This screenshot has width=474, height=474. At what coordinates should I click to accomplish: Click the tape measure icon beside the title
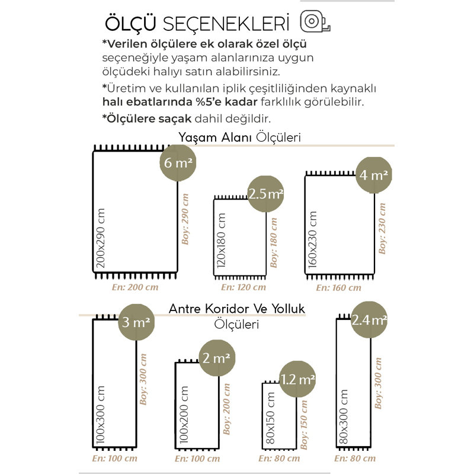pos(315,21)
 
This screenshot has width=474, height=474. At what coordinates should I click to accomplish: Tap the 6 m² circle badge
pos(178,163)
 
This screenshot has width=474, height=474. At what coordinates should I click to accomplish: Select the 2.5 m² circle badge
pos(265,194)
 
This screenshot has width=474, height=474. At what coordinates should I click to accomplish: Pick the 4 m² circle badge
pos(374,175)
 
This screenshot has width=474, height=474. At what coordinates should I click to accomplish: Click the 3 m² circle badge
pos(136,322)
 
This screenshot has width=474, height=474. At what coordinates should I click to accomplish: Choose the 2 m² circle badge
pos(217,358)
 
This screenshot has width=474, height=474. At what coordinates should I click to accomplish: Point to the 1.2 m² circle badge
pos(297,379)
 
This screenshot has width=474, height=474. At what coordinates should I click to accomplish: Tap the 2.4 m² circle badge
pos(369,319)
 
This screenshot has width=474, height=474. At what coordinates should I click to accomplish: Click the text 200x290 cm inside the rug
pos(100,238)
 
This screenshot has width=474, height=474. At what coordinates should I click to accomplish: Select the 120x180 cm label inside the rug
pos(221,241)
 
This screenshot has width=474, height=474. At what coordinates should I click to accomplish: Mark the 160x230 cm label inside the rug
pos(312,239)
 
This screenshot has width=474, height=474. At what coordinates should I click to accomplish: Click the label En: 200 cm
pos(135,287)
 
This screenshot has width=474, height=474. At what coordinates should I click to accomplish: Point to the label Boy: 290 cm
pos(185,219)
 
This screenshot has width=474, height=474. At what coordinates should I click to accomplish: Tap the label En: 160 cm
pos(338,287)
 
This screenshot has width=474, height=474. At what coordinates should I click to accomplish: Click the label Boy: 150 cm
pos(304,425)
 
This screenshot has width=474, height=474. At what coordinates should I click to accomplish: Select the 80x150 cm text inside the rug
pos(270,418)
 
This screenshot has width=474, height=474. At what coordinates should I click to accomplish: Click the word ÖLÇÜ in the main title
pos(130,23)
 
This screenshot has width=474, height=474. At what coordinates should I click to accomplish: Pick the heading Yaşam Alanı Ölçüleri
pos(239,137)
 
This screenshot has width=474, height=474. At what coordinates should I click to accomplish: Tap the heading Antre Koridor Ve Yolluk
pos(236,309)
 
